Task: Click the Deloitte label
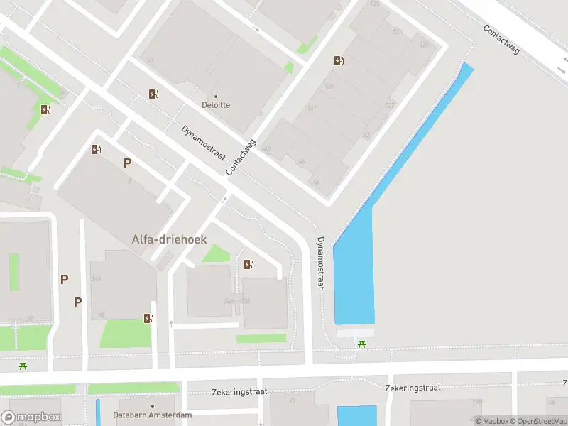pyautogui.click(x=217, y=105)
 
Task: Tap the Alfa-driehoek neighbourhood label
pyautogui.click(x=169, y=239)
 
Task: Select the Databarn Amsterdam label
pyautogui.click(x=153, y=415)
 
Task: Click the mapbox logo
pyautogui.click(x=31, y=417)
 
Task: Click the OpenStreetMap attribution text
pyautogui.click(x=542, y=421)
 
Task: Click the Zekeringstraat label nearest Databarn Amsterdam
pyautogui.click(x=239, y=392)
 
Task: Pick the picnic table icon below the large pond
pyautogui.click(x=362, y=344)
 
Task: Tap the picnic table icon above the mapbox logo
pyautogui.click(x=24, y=366)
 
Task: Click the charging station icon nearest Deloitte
pyautogui.click(x=153, y=94)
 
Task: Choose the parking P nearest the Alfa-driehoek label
pyautogui.click(x=127, y=163)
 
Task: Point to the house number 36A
pyautogui.click(x=97, y=278)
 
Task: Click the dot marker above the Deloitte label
pyautogui.click(x=216, y=96)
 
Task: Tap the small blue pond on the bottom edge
pyautogui.click(x=356, y=415)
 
